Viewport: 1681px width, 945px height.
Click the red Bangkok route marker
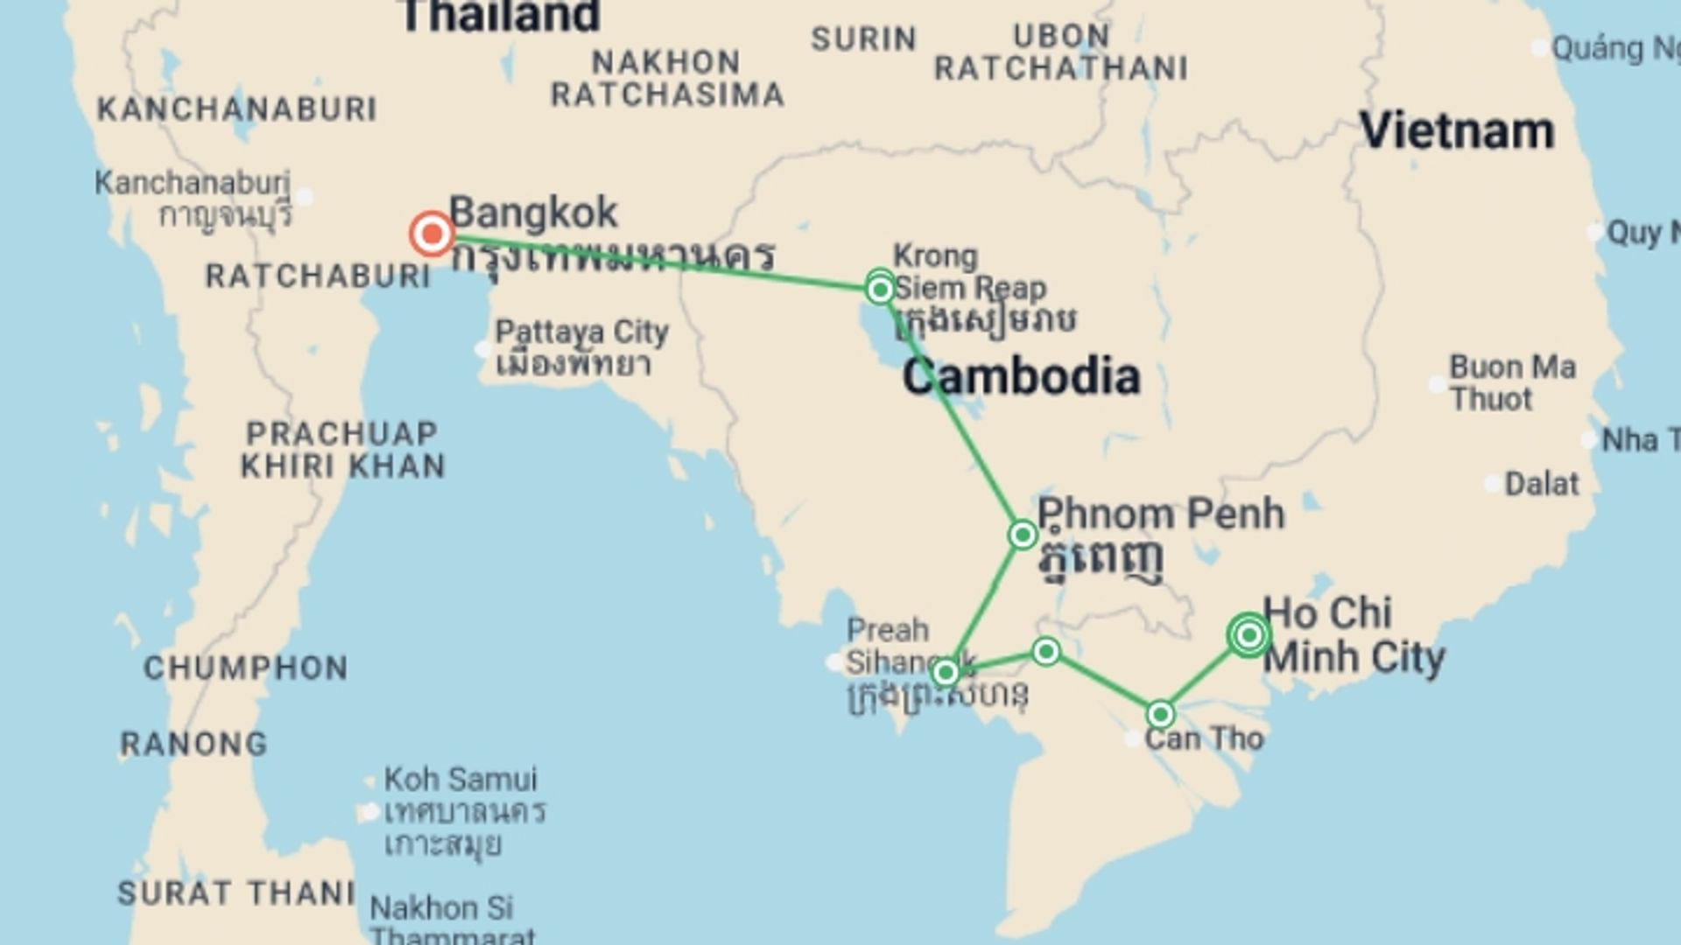tap(432, 234)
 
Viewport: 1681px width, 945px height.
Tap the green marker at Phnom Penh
tap(1022, 535)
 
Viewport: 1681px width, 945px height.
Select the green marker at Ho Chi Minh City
tap(1248, 635)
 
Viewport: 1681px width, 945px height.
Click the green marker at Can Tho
tap(1160, 715)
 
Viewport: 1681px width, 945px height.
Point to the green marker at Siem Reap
tap(880, 288)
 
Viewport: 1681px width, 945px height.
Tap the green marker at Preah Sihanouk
tap(945, 673)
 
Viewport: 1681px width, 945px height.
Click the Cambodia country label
tap(1021, 377)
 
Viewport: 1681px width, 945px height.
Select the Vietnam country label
tap(1457, 132)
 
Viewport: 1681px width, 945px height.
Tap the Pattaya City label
tap(581, 332)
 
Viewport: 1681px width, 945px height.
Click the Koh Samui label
tap(461, 779)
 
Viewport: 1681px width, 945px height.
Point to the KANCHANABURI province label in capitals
tap(236, 109)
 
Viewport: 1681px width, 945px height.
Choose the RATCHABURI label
tap(318, 276)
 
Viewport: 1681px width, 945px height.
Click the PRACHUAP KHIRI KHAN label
tap(342, 450)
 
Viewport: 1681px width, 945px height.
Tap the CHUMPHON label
tap(246, 668)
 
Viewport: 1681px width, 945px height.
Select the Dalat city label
tap(1541, 484)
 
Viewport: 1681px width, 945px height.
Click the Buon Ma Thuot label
tap(1512, 382)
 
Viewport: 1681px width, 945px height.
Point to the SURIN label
tap(863, 39)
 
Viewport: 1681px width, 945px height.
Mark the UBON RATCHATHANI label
tap(1061, 52)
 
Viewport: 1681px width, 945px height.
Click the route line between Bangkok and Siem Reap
tap(657, 261)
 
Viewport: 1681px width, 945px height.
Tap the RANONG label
tap(193, 745)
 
